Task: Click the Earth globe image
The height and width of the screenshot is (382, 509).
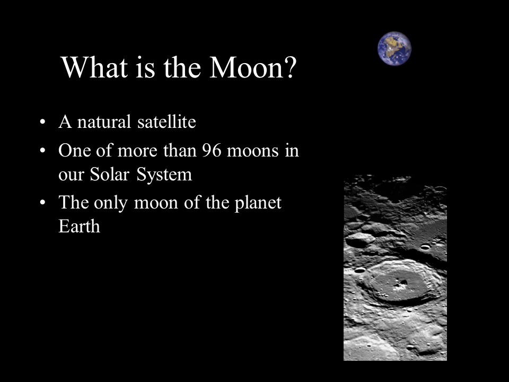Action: pyautogui.click(x=394, y=48)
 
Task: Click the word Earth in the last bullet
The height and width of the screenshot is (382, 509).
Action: pyautogui.click(x=79, y=227)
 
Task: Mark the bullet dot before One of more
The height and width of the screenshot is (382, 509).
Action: pyautogui.click(x=42, y=152)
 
